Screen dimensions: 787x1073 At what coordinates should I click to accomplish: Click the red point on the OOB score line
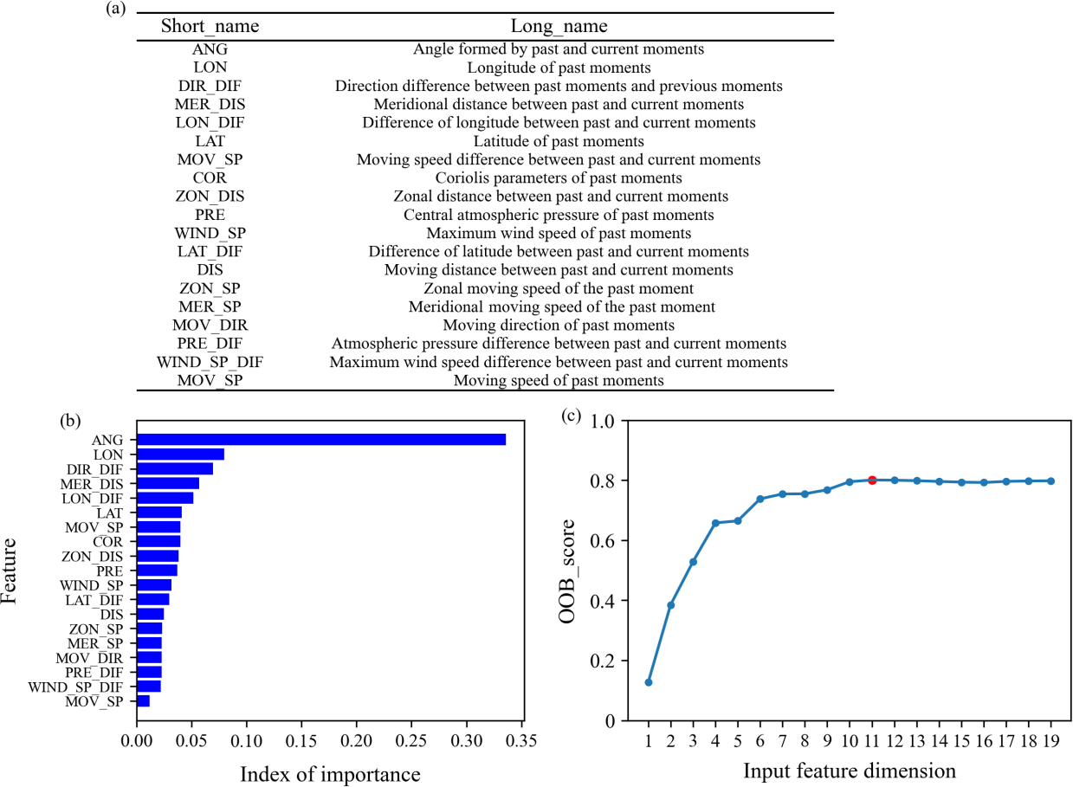point(872,480)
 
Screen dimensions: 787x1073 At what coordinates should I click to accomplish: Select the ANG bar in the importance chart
point(321,440)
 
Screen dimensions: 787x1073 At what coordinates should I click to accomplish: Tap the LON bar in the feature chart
point(181,455)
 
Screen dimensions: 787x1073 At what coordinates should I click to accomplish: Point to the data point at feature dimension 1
point(649,682)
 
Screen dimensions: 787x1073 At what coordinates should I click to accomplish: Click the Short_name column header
point(210,27)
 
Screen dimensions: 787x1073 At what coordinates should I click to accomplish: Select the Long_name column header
point(559,27)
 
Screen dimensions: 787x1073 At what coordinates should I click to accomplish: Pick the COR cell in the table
point(210,178)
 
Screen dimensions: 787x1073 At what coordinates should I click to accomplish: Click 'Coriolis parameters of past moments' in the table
point(559,178)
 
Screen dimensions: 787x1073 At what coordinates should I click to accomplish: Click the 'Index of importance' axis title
point(330,773)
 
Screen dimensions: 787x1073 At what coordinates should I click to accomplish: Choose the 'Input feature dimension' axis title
point(850,770)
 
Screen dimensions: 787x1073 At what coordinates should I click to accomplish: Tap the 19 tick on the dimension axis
point(1051,743)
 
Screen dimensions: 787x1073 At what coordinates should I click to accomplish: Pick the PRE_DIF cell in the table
point(210,344)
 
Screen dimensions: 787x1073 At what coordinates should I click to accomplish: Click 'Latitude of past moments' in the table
point(559,141)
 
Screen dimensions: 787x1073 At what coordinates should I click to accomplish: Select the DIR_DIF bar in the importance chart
point(175,468)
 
